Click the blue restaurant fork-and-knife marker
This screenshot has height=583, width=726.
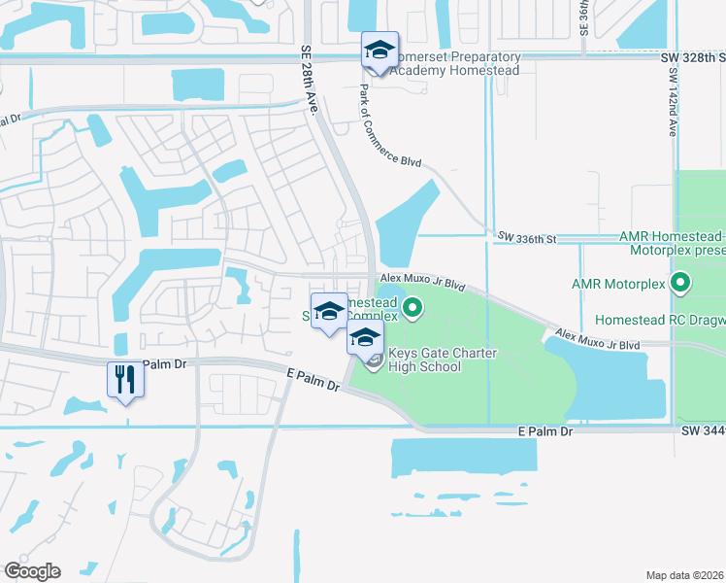pyautogui.click(x=125, y=379)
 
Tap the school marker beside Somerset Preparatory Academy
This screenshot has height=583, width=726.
pyautogui.click(x=379, y=51)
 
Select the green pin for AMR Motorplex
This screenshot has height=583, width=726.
pyautogui.click(x=680, y=284)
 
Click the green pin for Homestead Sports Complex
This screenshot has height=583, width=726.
pyautogui.click(x=412, y=310)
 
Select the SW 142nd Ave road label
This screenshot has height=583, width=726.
pyautogui.click(x=672, y=102)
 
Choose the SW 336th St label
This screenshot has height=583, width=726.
pyautogui.click(x=526, y=236)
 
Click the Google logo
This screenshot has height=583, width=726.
pyautogui.click(x=32, y=571)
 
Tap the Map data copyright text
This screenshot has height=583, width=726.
pyautogui.click(x=684, y=575)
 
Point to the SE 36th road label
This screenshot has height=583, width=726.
pyautogui.click(x=584, y=17)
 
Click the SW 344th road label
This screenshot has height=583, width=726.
pyautogui.click(x=703, y=429)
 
